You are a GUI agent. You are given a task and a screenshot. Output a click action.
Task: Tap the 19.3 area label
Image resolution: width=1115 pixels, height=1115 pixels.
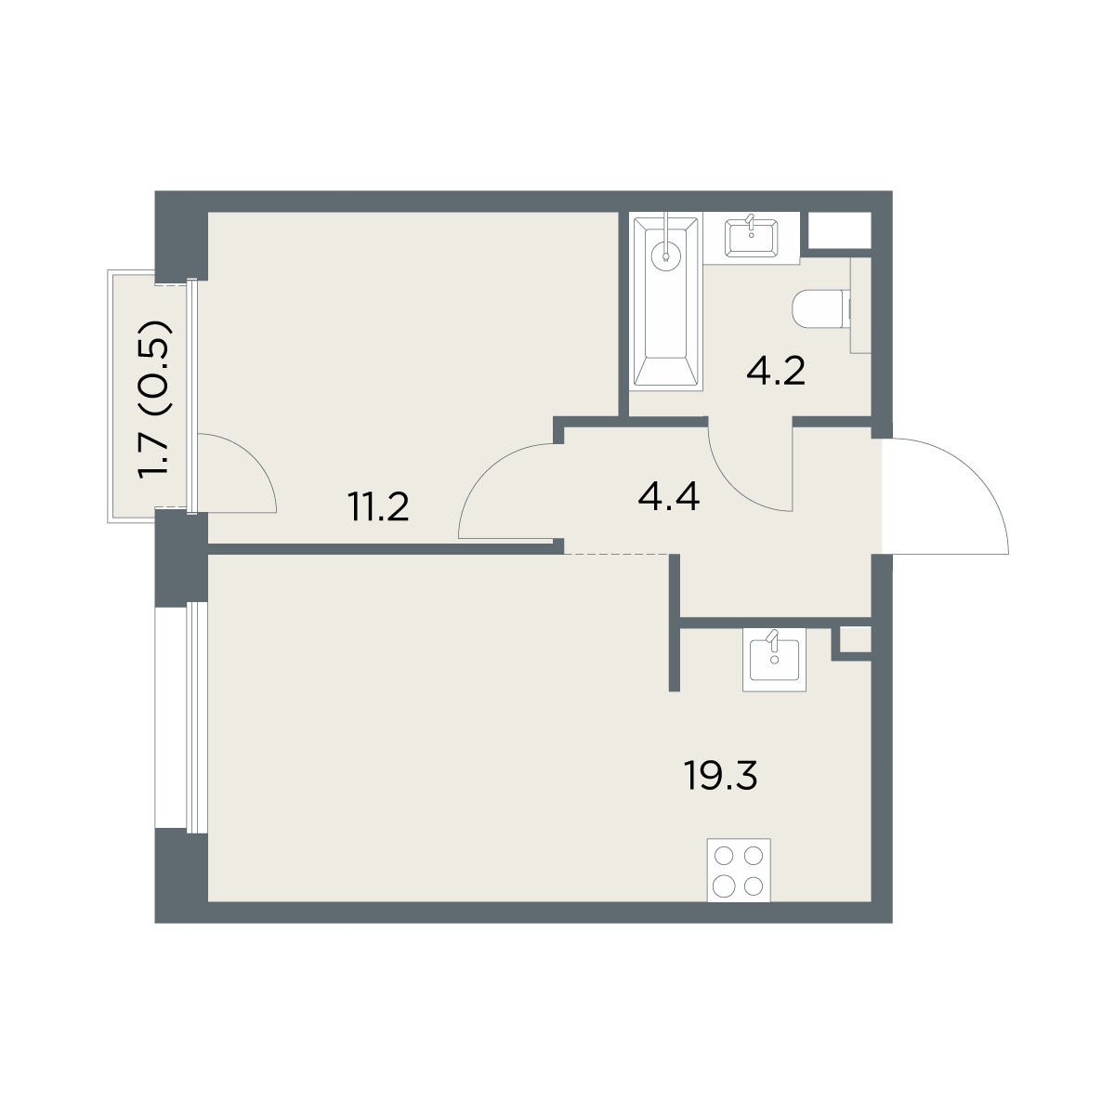[x=720, y=775]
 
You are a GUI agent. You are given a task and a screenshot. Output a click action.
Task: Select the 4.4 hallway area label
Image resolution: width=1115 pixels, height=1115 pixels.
[x=669, y=497]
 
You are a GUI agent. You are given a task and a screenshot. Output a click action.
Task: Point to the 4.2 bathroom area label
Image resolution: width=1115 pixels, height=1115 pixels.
[x=776, y=371]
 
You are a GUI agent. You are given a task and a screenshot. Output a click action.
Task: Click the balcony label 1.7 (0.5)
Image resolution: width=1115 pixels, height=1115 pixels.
[x=154, y=400]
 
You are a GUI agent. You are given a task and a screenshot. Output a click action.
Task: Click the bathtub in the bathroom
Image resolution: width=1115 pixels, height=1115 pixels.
[x=666, y=301]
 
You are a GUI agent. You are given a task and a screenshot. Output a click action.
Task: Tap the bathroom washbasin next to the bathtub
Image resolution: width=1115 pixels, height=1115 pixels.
[x=751, y=237]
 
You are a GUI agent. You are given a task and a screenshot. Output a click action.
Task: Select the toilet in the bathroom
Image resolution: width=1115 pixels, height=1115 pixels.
[x=821, y=309]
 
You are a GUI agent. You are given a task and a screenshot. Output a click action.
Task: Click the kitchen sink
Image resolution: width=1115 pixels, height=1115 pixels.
[x=774, y=661]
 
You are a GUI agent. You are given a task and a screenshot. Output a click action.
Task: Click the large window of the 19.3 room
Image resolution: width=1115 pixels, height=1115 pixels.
[x=197, y=717]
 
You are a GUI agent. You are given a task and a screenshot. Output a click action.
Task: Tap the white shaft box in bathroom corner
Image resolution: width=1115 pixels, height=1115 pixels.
[x=839, y=230]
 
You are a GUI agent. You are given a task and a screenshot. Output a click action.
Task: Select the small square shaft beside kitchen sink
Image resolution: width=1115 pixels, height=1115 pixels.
[x=855, y=640]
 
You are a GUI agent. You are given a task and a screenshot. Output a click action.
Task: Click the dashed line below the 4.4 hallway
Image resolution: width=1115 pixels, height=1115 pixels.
[x=617, y=555]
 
